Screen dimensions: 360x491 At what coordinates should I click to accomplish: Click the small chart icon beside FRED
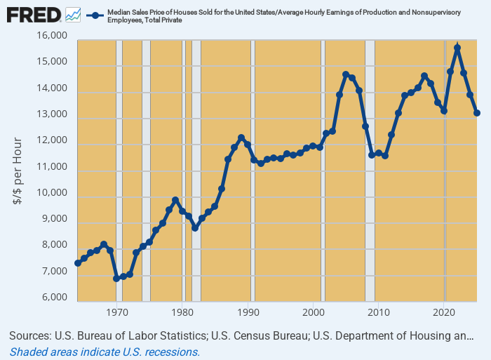(72, 14)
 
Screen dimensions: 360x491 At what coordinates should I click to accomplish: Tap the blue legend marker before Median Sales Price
(93, 14)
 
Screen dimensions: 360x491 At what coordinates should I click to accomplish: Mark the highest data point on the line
(457, 48)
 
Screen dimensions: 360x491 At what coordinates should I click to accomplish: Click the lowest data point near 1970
(116, 279)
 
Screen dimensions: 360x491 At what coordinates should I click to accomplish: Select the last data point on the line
(477, 113)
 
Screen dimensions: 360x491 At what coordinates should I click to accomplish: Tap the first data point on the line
(77, 263)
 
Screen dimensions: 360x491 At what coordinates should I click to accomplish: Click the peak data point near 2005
(346, 74)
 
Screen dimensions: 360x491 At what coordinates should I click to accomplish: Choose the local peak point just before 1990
(241, 138)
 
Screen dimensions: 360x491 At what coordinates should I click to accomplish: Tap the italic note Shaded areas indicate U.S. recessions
(105, 352)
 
